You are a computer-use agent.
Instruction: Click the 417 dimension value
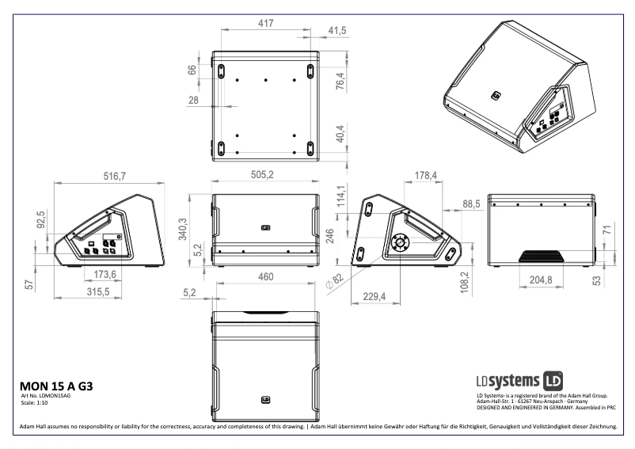click(266, 24)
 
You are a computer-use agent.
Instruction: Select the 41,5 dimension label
click(337, 30)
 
